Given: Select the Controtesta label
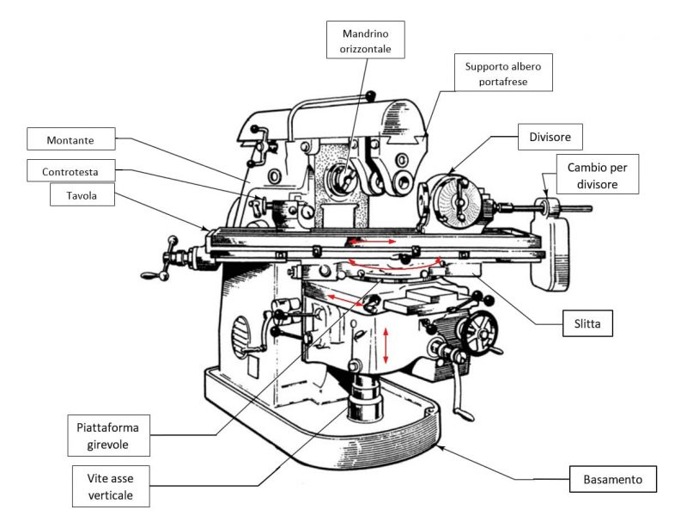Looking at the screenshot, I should [x=71, y=171].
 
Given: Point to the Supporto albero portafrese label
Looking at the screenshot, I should [x=503, y=73].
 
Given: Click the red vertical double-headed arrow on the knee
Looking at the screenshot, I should [x=387, y=346].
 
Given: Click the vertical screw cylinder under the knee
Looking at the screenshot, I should [x=368, y=399].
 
